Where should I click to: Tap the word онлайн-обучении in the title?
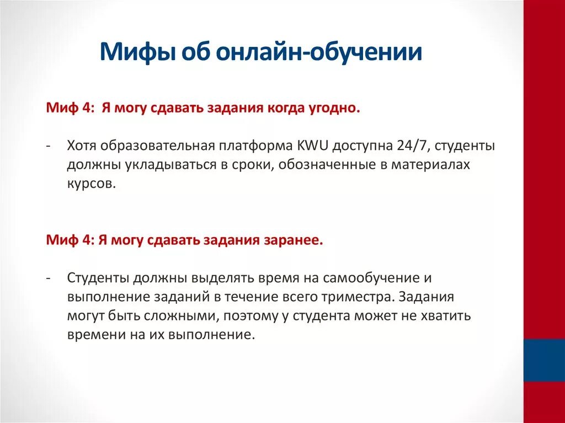click(x=319, y=54)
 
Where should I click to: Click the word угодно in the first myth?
click(x=331, y=109)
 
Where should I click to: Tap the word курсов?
click(x=92, y=184)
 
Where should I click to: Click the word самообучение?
click(x=369, y=278)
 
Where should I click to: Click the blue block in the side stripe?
click(x=544, y=360)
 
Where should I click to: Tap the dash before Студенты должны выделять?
click(x=50, y=278)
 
